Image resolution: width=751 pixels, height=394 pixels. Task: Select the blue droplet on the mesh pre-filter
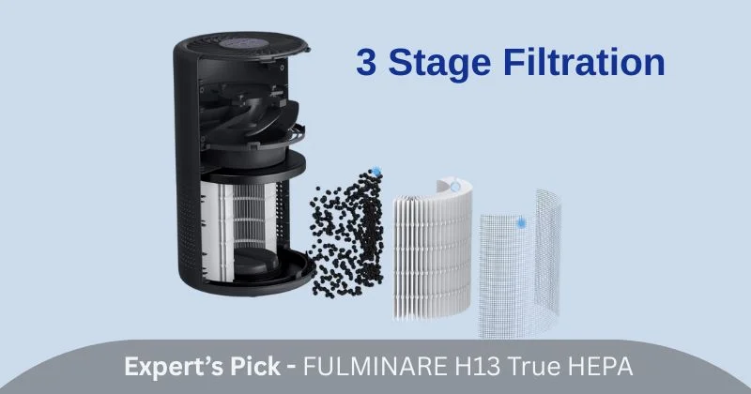[x=521, y=223]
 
